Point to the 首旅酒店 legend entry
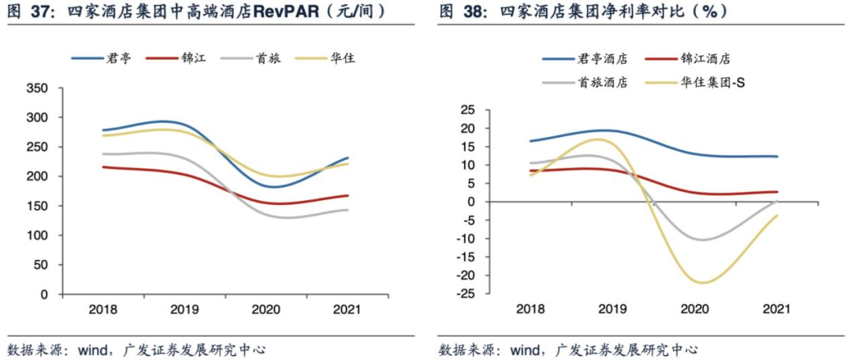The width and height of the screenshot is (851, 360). [600, 81]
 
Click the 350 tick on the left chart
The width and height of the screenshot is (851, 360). [37, 87]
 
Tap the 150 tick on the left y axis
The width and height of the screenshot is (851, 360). [37, 206]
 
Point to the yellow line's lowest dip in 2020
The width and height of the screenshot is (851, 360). [700, 283]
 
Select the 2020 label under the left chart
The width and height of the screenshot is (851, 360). [266, 310]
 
